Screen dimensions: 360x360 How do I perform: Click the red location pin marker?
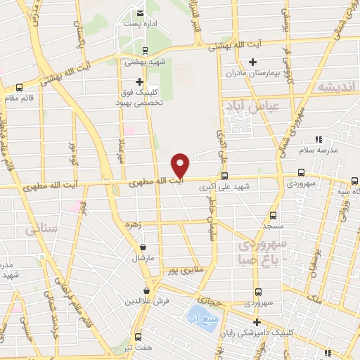181,166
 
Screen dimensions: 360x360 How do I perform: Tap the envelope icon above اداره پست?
140,12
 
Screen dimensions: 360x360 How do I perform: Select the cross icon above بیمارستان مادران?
252,62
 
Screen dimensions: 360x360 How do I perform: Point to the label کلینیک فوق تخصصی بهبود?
139,97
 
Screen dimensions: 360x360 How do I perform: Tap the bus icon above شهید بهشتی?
144,50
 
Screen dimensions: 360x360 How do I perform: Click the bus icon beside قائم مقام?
18,88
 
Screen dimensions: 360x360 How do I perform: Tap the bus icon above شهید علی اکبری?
224,176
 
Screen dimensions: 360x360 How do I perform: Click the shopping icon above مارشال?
144,247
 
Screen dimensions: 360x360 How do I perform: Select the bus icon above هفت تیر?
139,336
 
